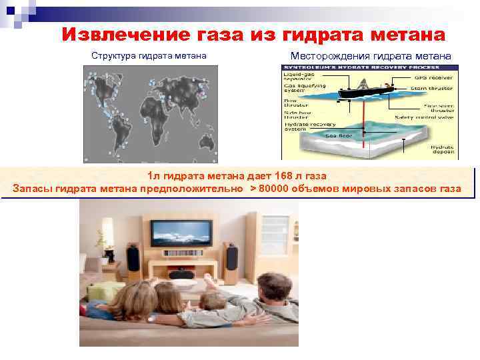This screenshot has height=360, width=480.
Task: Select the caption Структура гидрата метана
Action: click(149, 55)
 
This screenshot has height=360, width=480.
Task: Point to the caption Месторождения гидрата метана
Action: click(371, 55)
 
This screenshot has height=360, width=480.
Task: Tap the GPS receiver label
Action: click(436, 77)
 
